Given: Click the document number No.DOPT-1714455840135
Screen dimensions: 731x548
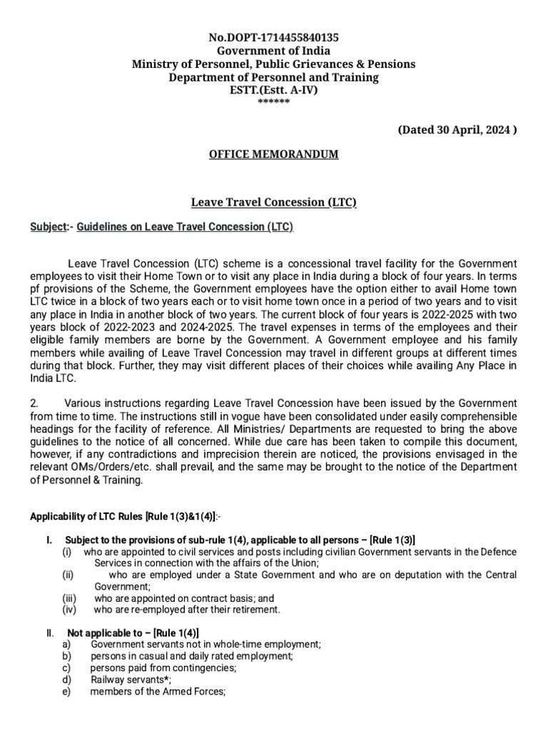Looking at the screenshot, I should pos(274,38).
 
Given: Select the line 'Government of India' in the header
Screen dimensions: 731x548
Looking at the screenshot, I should pos(274,51).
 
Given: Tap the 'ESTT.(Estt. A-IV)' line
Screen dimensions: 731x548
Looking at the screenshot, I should pos(274,90).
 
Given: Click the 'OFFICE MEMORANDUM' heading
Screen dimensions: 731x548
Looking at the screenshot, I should pos(274,154).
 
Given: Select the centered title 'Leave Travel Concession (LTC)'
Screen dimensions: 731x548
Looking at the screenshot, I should pos(274,202).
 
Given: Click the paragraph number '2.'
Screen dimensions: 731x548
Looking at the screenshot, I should pos(35,404).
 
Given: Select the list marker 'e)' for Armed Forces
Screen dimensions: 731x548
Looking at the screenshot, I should pos(67,691).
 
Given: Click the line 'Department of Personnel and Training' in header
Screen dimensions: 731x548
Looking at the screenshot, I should pos(274,77).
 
